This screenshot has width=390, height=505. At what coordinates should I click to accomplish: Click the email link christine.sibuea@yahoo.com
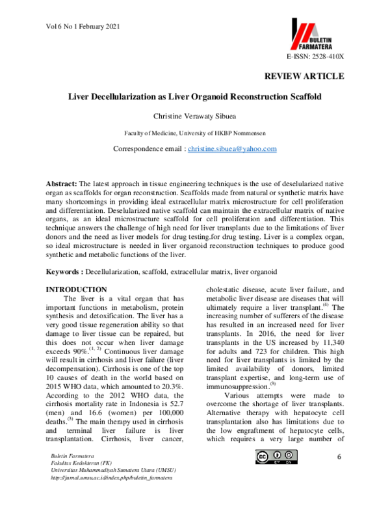tap(232, 149)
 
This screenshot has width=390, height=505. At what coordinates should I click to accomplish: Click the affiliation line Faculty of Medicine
tap(195, 133)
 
